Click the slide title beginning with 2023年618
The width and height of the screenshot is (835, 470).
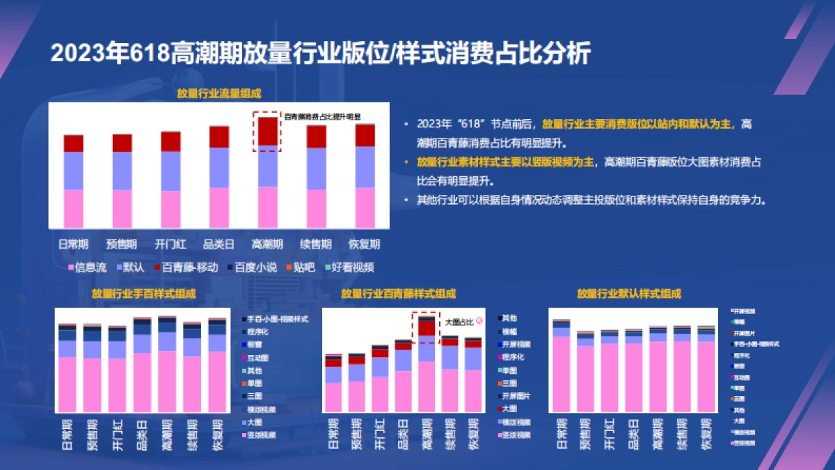320,54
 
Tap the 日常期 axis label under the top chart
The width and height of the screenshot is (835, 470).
73,244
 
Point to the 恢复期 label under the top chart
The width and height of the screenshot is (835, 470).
365,244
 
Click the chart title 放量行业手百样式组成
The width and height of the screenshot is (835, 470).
143,294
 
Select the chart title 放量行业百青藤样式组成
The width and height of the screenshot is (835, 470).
398,294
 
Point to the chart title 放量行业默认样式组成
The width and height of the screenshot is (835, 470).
628,294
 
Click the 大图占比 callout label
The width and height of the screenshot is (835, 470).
459,322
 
